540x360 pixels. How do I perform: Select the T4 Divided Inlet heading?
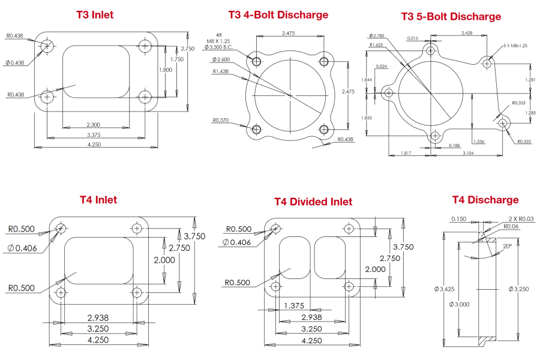coord(313,202)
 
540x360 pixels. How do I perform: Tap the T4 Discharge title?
coord(485,200)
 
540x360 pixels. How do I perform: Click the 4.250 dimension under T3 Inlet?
coord(94,144)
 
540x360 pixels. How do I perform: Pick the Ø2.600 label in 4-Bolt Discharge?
coord(221,59)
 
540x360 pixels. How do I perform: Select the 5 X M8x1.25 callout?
coord(520,46)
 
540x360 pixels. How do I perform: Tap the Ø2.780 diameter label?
coord(379,37)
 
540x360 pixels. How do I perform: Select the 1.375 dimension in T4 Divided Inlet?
coord(294,305)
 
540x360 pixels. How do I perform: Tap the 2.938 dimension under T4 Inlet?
coord(98,317)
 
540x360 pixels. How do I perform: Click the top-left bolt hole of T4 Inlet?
coord(61,228)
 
